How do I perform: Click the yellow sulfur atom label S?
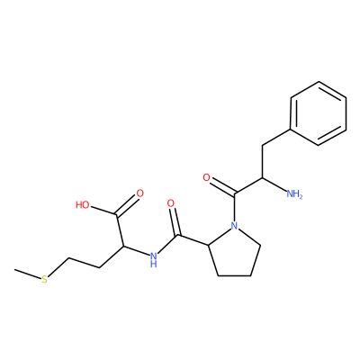[44, 280]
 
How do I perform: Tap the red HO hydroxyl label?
[83, 205]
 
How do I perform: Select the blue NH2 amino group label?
[294, 193]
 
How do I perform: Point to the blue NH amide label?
[154, 260]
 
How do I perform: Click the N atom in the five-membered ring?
[235, 225]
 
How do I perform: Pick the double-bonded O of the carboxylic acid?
[139, 193]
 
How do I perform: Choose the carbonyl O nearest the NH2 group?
[206, 177]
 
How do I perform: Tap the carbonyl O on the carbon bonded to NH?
[170, 203]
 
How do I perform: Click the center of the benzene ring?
[319, 113]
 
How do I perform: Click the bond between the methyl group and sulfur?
[28, 274]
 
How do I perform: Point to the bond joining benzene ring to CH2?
[276, 138]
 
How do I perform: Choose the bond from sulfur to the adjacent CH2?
[58, 267]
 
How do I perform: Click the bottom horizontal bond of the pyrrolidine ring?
[234, 275]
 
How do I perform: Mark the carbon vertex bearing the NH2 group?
[262, 178]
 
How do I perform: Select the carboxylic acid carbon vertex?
[117, 215]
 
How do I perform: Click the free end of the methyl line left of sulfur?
[14, 270]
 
